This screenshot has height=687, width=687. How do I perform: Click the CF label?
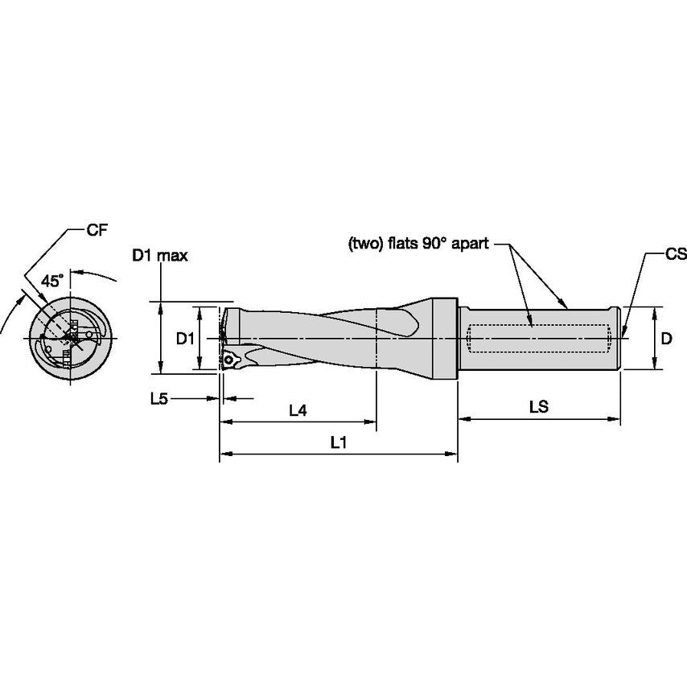[x=97, y=230]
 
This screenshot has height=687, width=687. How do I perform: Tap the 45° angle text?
[x=52, y=281]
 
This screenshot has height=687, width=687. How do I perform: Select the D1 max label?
[x=160, y=256]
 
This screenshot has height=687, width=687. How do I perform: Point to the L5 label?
[x=159, y=398]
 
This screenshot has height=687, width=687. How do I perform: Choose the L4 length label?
[x=298, y=410]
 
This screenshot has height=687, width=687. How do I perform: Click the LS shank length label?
[x=539, y=407]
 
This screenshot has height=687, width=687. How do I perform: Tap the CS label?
[x=676, y=254]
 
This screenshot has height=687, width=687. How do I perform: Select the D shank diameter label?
[x=666, y=339]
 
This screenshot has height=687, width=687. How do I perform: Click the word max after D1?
[x=172, y=256]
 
